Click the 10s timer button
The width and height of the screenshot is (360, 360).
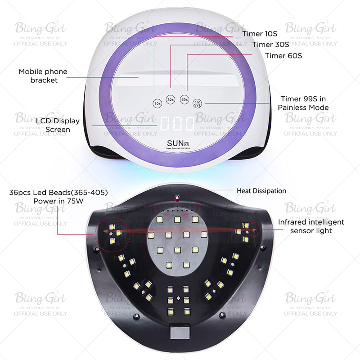coord(157,103)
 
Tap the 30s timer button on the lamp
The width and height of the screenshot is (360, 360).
coord(171,99)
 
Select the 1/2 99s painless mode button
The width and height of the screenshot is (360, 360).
coord(197,103)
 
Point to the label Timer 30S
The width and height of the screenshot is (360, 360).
coord(270,45)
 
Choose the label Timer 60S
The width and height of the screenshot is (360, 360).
coord(283,56)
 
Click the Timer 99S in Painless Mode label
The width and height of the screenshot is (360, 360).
coord(303,103)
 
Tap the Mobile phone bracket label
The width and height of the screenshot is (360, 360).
coord(43,76)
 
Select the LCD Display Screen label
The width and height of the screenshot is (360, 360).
coord(57,125)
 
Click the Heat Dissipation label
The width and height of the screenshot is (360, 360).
coord(261,191)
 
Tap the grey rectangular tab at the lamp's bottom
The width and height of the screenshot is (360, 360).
coord(177,332)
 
